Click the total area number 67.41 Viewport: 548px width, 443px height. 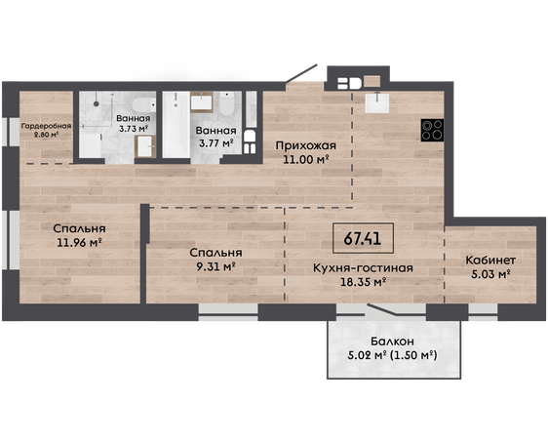tap(363, 238)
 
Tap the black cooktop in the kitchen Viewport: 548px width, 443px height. tap(432, 130)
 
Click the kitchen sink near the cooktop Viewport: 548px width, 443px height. tap(377, 102)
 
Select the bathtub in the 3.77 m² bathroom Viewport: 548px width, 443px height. tap(176, 125)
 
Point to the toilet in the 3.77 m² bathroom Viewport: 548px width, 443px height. tap(227, 103)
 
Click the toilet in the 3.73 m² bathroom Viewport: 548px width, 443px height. tap(144, 104)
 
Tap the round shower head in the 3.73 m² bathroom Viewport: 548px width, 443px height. tap(97, 103)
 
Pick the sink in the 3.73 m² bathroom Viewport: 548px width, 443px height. tap(145, 146)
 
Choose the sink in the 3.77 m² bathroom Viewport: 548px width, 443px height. tap(202, 101)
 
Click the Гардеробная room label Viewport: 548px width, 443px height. tap(46, 126)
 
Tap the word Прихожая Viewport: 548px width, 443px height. tap(306, 145)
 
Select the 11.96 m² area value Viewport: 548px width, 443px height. tap(79, 242)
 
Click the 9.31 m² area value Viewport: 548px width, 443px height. tap(215, 266)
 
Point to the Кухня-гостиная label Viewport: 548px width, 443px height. tap(363, 268)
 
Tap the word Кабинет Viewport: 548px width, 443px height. tap(490, 261)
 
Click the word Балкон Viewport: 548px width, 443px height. tap(393, 341)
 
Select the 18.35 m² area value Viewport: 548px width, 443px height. tap(363, 282)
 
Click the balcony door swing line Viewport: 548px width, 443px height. tap(382, 309)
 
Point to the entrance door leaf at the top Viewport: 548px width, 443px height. tap(301, 73)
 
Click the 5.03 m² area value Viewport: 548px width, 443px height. tap(490, 274)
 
